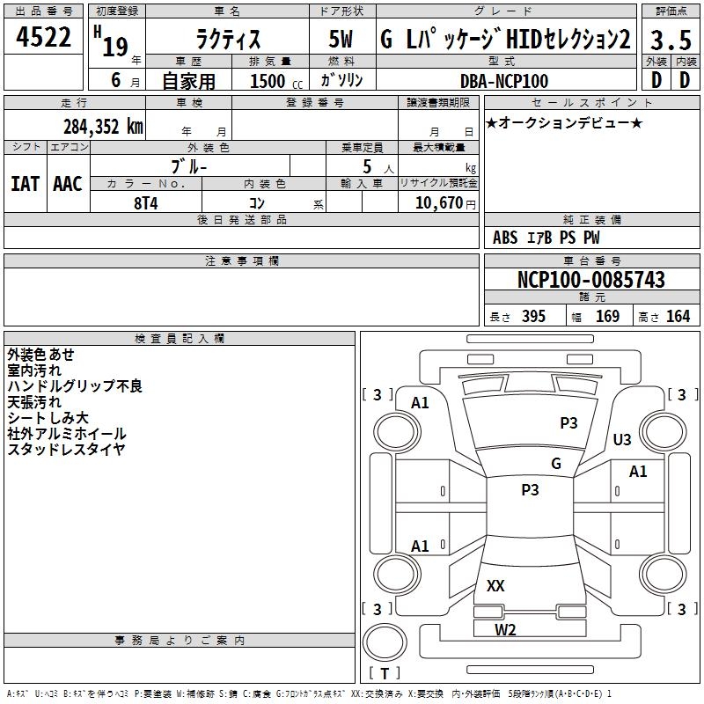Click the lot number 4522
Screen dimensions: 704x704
click(44, 39)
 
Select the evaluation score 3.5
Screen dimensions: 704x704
click(670, 40)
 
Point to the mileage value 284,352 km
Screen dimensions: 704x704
click(102, 126)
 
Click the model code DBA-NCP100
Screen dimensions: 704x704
click(504, 81)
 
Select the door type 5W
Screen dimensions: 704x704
click(341, 40)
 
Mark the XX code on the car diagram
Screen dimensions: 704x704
click(495, 585)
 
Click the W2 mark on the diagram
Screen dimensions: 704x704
click(505, 629)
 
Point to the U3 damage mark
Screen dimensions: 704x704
click(622, 439)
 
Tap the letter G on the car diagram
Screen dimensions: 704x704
click(555, 463)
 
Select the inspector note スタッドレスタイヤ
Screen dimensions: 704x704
click(66, 449)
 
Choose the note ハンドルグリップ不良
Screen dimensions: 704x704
click(74, 385)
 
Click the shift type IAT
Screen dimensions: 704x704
click(25, 183)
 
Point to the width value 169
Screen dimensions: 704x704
click(608, 316)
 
